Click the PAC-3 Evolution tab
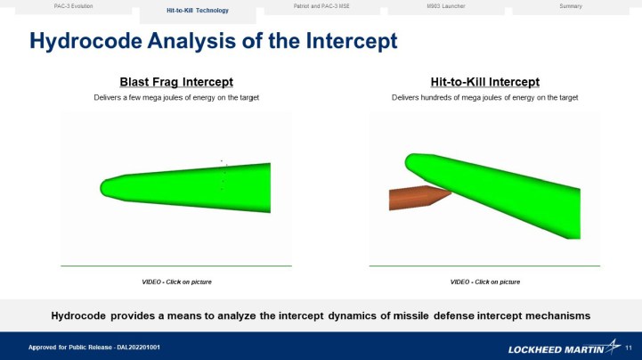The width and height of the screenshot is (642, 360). [73, 6]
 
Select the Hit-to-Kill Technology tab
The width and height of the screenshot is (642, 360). [198, 11]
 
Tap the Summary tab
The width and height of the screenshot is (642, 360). [571, 6]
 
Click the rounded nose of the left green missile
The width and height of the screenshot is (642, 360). [106, 187]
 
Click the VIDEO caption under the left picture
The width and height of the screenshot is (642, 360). [176, 282]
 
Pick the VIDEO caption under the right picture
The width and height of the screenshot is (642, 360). [485, 282]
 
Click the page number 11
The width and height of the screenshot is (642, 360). [629, 346]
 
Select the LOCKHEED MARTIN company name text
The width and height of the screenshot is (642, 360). [553, 348]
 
